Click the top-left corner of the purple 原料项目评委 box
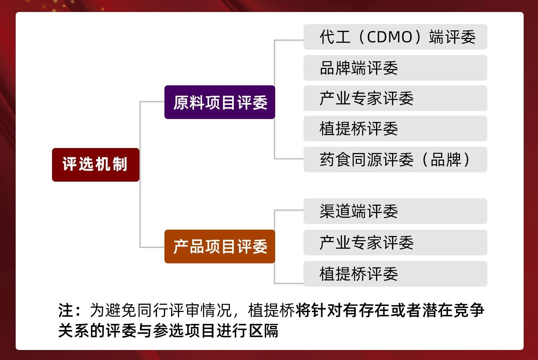[x=165, y=86]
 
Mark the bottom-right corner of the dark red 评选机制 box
[x=139, y=181]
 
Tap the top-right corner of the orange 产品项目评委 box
[x=275, y=230]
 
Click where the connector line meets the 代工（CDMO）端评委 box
[x=304, y=40]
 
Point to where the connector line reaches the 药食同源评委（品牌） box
[x=304, y=159]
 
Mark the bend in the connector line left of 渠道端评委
[x=275, y=210]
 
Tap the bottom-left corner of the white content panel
[x=16, y=350]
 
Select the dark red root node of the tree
[x=96, y=165]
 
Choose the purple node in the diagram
[x=220, y=102]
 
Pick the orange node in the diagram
[x=220, y=246]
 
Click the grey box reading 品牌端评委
[x=395, y=68]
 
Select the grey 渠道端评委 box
[x=395, y=211]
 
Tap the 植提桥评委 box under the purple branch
[x=395, y=129]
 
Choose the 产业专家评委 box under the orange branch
[x=395, y=242]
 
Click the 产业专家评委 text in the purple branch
[x=367, y=98]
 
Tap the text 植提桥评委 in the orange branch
[x=359, y=274]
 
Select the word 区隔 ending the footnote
[x=263, y=330]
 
